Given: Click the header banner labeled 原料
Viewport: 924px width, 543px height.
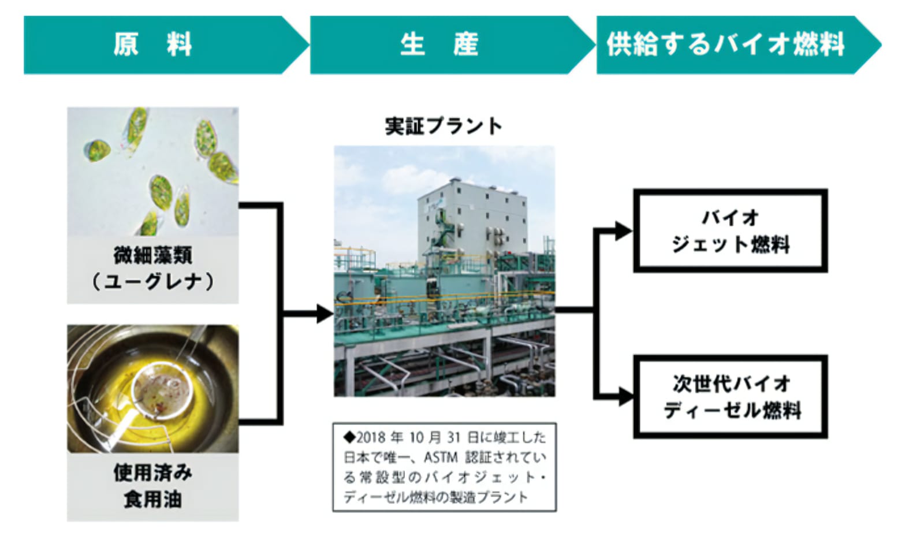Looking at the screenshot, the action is click(165, 45).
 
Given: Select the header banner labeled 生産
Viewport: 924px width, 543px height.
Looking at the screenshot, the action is click(452, 45).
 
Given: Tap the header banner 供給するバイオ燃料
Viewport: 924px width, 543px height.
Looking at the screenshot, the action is click(739, 45).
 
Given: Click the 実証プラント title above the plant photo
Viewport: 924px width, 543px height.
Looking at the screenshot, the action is click(444, 126).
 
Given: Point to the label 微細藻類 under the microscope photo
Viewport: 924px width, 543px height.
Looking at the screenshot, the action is click(153, 255).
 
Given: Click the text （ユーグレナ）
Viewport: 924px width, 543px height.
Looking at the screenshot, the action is click(153, 282).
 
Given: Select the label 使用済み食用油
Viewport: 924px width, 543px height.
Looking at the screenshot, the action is click(153, 486).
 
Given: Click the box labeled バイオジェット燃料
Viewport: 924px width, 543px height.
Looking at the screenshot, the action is click(731, 230).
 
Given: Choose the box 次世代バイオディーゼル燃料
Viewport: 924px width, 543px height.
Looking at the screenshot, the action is click(731, 396).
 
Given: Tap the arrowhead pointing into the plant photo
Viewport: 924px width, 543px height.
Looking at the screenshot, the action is click(325, 314).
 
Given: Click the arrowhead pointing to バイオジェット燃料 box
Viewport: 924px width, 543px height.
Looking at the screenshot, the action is click(624, 231).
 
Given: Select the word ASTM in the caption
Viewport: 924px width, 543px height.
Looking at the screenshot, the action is click(441, 457).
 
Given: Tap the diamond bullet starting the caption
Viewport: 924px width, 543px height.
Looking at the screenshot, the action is click(349, 437).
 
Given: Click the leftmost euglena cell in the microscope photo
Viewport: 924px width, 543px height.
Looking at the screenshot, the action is click(98, 151).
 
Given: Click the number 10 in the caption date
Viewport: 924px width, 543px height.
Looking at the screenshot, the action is click(417, 437).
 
